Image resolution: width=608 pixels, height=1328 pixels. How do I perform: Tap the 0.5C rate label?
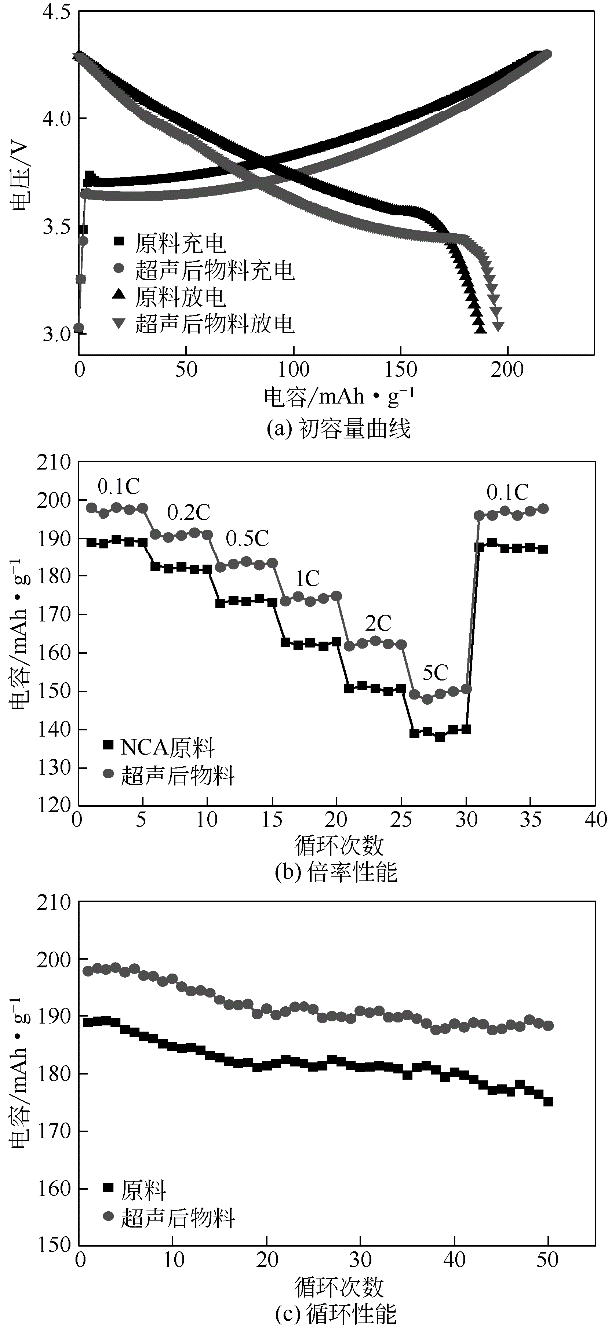(x=248, y=539)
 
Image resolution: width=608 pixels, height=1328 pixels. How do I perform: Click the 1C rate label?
(x=307, y=577)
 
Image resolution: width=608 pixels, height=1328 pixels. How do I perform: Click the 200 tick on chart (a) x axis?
(x=507, y=368)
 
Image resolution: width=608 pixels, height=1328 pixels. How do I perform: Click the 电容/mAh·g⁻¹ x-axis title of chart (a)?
(x=339, y=396)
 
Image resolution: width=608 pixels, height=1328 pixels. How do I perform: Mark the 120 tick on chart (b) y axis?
(x=54, y=806)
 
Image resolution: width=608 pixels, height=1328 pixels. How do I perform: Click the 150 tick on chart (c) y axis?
(x=54, y=1245)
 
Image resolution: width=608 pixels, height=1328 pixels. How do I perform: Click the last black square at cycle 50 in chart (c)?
(x=547, y=1102)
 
